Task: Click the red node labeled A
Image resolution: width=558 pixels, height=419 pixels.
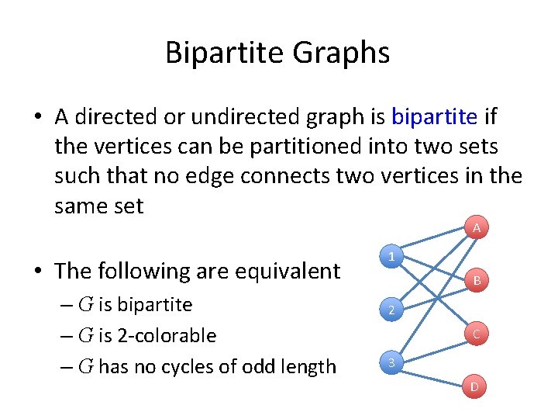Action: click(x=477, y=228)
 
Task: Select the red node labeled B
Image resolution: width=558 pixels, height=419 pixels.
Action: click(x=477, y=280)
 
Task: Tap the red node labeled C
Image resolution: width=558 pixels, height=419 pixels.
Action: click(x=477, y=334)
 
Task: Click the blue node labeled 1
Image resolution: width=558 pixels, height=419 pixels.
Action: click(x=393, y=257)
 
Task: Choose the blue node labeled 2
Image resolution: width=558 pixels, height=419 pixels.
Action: click(x=393, y=311)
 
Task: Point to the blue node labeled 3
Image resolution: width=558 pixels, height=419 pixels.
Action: click(x=393, y=363)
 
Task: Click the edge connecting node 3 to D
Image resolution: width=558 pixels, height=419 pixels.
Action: click(x=434, y=375)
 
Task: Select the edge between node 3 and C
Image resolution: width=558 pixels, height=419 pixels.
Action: click(x=434, y=348)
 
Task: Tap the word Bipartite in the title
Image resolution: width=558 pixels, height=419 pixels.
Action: click(x=225, y=53)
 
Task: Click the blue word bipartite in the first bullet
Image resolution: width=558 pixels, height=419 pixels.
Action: click(x=434, y=117)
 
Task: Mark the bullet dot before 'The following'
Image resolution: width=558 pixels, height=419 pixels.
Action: click(x=38, y=272)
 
